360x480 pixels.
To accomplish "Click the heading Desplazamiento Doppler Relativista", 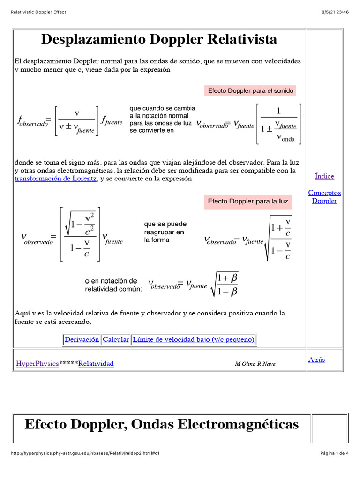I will (159, 39).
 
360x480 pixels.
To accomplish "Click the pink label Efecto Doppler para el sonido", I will (250, 91).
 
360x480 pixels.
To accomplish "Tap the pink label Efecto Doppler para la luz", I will (248, 202).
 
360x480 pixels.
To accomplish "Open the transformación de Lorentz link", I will (56, 179).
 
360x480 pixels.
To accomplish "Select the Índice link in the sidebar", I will (324, 176).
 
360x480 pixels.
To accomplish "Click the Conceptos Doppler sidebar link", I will (324, 197).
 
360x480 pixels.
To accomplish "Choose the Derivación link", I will (82, 339).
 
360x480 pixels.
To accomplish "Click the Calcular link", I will (116, 339).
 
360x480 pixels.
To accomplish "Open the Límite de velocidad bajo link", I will (194, 339).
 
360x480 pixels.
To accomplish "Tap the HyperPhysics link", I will (37, 363).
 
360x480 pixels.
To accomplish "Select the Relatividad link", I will (96, 363).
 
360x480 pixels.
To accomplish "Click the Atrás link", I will (316, 360).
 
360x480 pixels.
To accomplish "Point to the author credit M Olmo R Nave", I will (255, 364).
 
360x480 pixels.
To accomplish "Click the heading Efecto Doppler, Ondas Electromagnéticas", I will (161, 424).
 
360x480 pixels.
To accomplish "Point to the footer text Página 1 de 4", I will (334, 453).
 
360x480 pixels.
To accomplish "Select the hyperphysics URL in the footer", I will (85, 453).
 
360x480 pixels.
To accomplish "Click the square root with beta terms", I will (225, 285).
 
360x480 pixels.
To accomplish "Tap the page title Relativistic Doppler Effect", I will (38, 12).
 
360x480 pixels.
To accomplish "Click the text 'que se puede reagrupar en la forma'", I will (164, 232).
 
